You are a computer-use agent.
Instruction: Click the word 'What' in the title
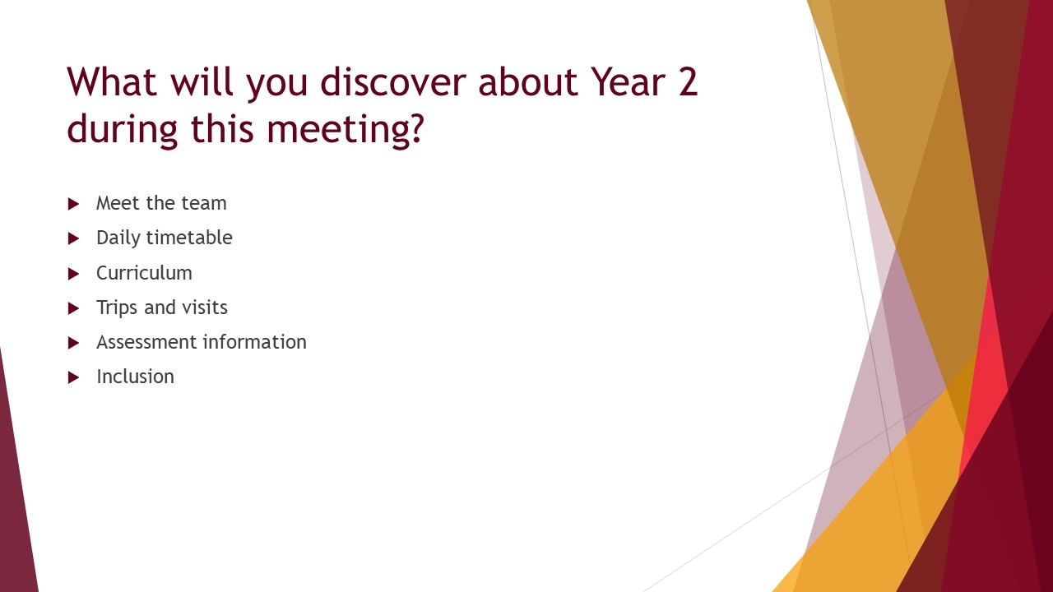[x=112, y=81]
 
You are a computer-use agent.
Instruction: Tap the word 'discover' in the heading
[x=393, y=81]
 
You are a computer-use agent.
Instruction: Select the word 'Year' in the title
[x=628, y=81]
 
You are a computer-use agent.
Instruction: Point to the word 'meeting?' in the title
[x=346, y=128]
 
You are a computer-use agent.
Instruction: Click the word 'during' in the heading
[x=123, y=128]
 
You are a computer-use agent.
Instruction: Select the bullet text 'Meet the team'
[x=161, y=203]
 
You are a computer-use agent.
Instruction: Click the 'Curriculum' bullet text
[x=144, y=272]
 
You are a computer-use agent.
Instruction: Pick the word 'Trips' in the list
[x=117, y=308]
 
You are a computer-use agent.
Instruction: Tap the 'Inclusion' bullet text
[x=135, y=377]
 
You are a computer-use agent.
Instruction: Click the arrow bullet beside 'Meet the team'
[x=73, y=204]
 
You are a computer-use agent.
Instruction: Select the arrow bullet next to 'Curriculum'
[x=73, y=274]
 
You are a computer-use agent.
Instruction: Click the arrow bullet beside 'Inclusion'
[x=73, y=377]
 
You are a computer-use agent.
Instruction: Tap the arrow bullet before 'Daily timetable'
[x=73, y=238]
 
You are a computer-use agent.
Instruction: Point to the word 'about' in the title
[x=528, y=81]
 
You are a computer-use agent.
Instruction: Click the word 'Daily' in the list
[x=118, y=238]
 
